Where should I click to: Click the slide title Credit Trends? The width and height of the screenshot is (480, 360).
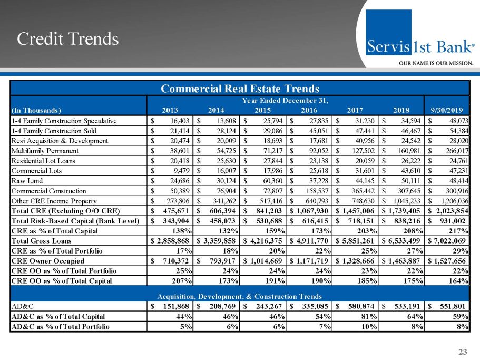(68, 38)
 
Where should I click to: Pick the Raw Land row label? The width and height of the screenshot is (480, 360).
(27, 181)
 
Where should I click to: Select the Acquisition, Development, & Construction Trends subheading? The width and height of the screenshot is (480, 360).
(240, 296)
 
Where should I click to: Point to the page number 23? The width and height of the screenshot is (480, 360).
(463, 352)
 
